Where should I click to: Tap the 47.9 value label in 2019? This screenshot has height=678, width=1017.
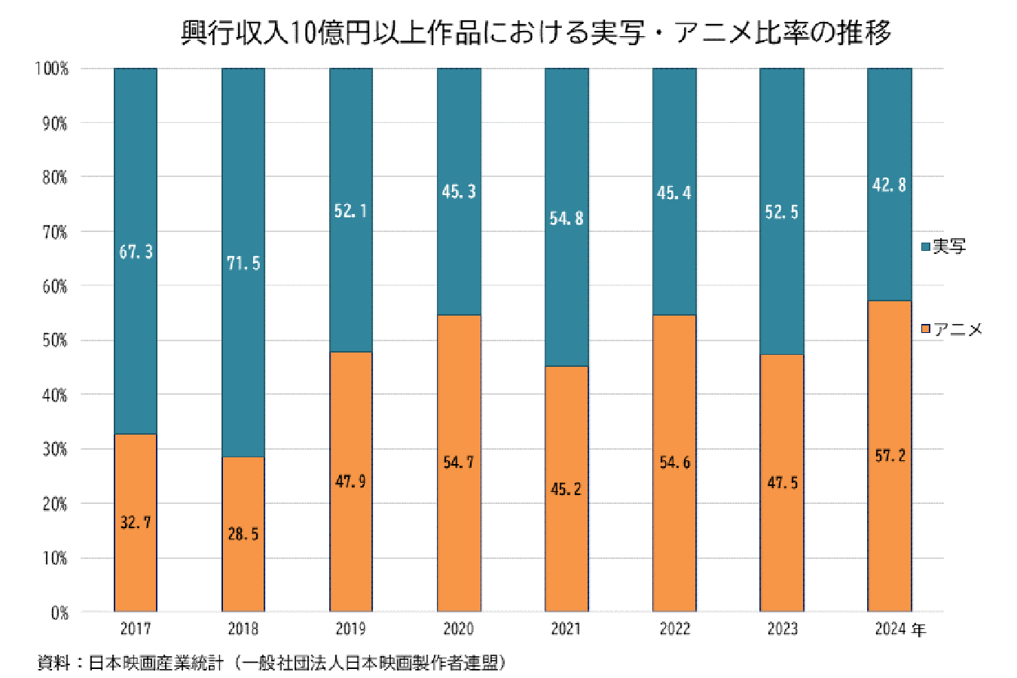pyautogui.click(x=351, y=481)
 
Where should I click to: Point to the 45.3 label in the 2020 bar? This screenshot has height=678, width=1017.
pyautogui.click(x=459, y=192)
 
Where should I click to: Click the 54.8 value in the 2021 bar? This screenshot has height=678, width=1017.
pyautogui.click(x=567, y=218)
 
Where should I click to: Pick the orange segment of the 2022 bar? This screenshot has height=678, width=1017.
pyautogui.click(x=674, y=527)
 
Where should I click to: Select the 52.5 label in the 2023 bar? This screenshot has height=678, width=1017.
pyautogui.click(x=782, y=212)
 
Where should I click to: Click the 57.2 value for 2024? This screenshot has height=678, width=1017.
pyautogui.click(x=890, y=456)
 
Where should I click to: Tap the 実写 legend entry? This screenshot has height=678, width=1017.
pyautogui.click(x=945, y=246)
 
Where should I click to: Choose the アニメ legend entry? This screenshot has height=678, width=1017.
pyautogui.click(x=953, y=329)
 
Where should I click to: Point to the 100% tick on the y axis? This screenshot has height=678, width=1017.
pyautogui.click(x=52, y=69)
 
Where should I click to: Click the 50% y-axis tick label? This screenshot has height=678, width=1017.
pyautogui.click(x=54, y=341)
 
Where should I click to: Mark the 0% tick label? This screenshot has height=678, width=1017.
pyautogui.click(x=60, y=612)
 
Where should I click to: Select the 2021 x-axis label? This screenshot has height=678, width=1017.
pyautogui.click(x=567, y=628)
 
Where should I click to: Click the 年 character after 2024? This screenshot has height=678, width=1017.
pyautogui.click(x=918, y=629)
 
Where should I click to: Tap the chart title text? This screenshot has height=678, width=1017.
pyautogui.click(x=536, y=32)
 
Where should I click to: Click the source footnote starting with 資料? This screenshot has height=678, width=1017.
pyautogui.click(x=272, y=663)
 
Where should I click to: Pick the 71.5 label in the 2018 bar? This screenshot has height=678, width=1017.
pyautogui.click(x=243, y=263)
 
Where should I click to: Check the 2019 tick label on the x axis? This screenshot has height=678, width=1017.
pyautogui.click(x=351, y=628)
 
